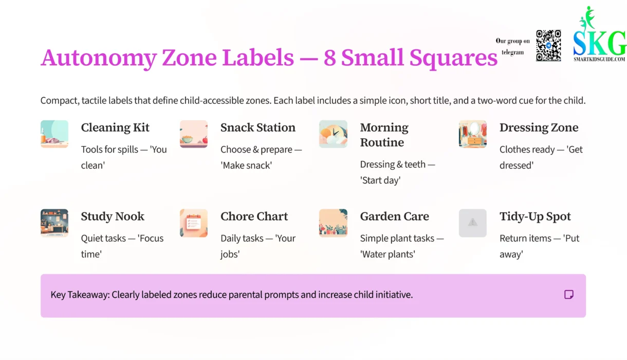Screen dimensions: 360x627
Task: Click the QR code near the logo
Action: pyautogui.click(x=548, y=45)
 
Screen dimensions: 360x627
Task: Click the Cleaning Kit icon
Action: pyautogui.click(x=54, y=134)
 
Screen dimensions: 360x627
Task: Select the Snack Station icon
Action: pyautogui.click(x=194, y=134)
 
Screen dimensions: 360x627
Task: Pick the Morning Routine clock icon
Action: pyautogui.click(x=333, y=134)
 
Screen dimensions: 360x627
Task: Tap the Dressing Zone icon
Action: pyautogui.click(x=472, y=134)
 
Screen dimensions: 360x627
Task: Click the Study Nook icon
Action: pyautogui.click(x=54, y=223)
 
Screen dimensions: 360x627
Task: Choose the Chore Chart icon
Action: pyautogui.click(x=194, y=223)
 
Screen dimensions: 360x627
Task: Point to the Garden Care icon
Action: pyautogui.click(x=333, y=223)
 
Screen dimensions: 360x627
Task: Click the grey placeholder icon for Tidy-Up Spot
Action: pyautogui.click(x=472, y=223)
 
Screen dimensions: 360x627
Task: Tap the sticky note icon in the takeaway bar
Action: pyautogui.click(x=569, y=295)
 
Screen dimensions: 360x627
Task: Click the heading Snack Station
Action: pyautogui.click(x=258, y=128)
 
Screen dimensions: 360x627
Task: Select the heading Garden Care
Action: pyautogui.click(x=394, y=217)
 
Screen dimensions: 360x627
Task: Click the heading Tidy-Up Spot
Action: pyautogui.click(x=535, y=217)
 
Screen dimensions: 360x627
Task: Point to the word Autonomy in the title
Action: pyautogui.click(x=98, y=58)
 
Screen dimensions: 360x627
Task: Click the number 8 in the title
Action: pyautogui.click(x=329, y=58)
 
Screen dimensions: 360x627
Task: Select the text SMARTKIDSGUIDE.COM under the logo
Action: pyautogui.click(x=599, y=60)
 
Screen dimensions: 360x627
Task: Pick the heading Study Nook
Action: pyautogui.click(x=113, y=217)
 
